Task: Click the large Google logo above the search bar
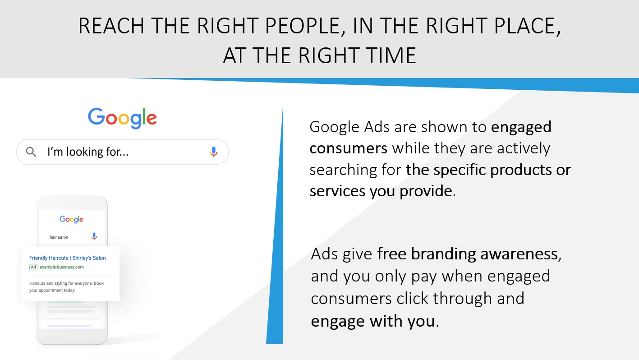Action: tap(122, 118)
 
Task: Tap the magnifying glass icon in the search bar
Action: tap(31, 152)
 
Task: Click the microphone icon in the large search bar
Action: tap(214, 152)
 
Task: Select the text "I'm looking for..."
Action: tap(88, 152)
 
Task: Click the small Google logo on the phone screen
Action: tap(71, 219)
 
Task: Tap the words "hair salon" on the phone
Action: tap(59, 237)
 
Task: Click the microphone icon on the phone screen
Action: tap(94, 236)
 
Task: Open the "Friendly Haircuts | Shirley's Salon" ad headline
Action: tap(68, 258)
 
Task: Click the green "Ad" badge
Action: tap(33, 267)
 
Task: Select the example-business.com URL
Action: tap(62, 267)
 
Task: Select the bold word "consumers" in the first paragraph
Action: tap(348, 148)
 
